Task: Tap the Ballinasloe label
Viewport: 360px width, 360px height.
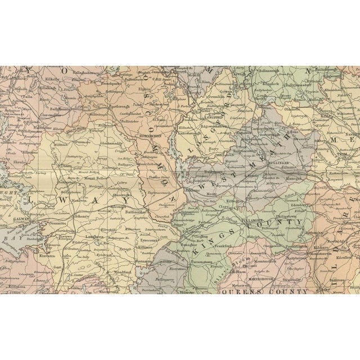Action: [x=141, y=214]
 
